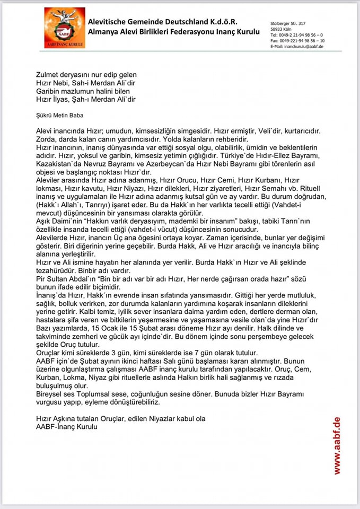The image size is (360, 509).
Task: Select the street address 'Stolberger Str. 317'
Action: [x=288, y=23]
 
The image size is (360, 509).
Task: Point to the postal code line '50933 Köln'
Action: [x=281, y=29]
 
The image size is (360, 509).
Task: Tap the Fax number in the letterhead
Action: [x=297, y=41]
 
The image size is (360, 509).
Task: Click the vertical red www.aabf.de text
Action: [x=337, y=445]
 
